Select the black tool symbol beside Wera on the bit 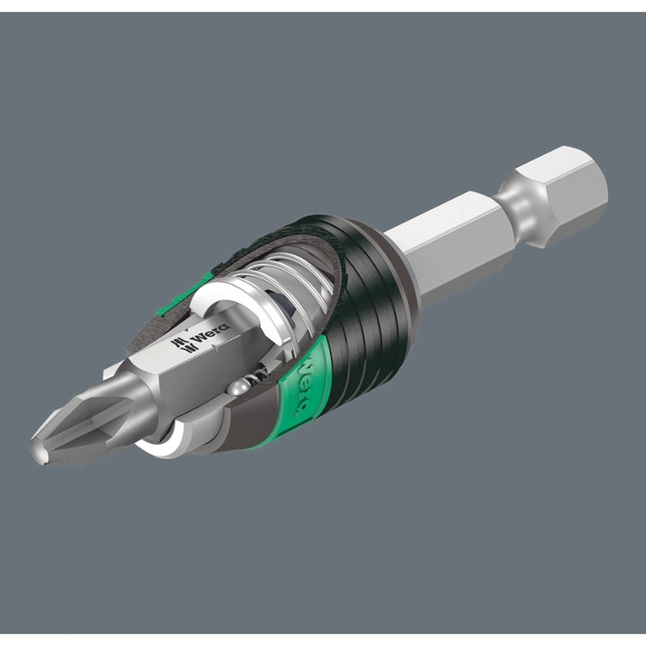184,345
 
